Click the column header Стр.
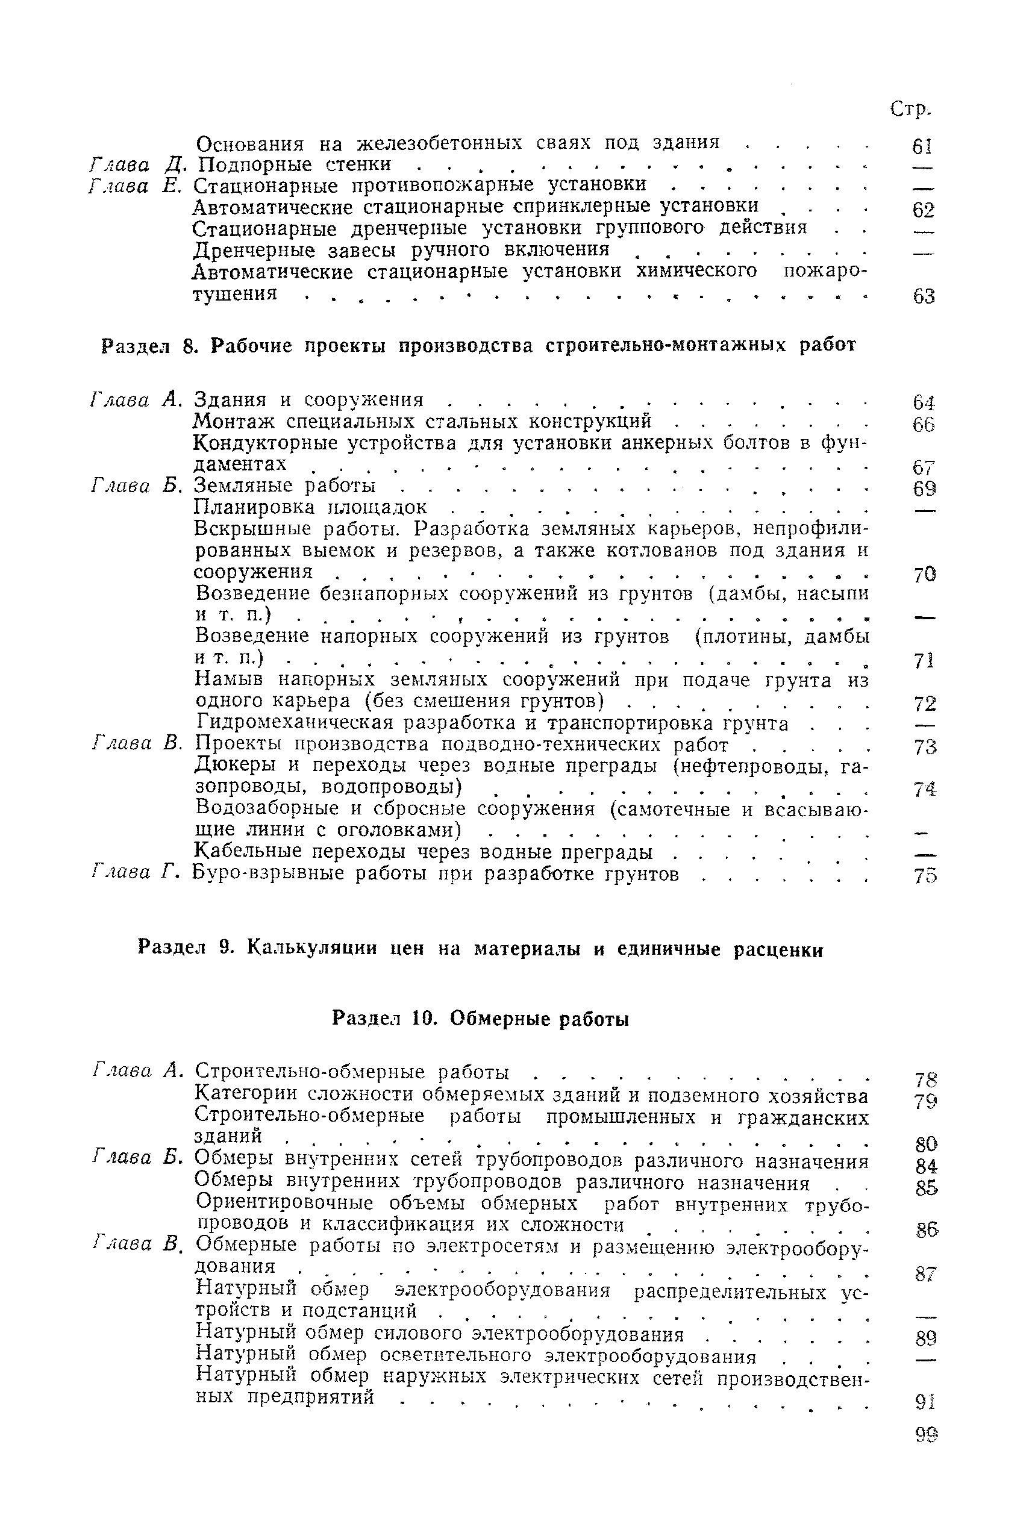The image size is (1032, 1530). pos(910,109)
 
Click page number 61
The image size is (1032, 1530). pos(923,147)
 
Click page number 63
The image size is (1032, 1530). pos(924,297)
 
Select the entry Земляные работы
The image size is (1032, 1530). pos(285,486)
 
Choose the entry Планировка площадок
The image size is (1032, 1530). pos(311,507)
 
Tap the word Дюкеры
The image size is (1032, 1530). pos(237,766)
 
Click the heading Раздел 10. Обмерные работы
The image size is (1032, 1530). pos(481,1019)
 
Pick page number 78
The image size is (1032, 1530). pos(925,1080)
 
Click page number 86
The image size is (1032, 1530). pos(925,1229)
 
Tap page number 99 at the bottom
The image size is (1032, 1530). pos(925,1435)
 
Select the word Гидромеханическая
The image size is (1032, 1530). pos(294,723)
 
